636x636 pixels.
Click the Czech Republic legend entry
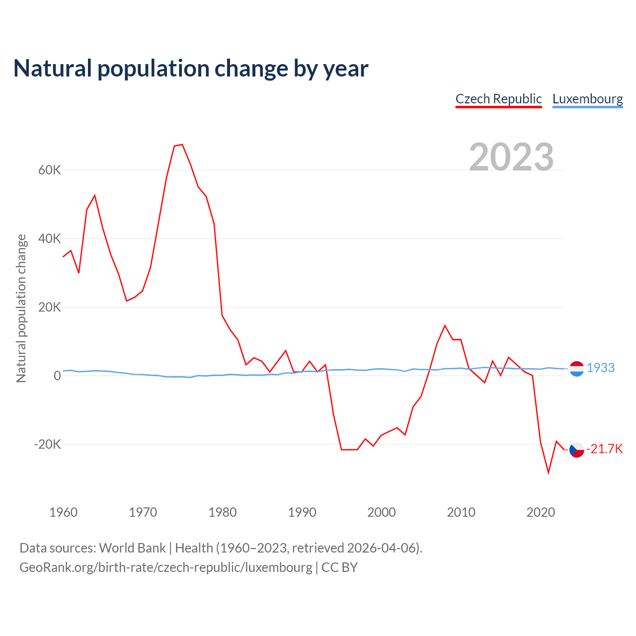(498, 99)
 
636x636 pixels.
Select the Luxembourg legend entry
(587, 99)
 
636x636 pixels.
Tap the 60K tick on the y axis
(49, 170)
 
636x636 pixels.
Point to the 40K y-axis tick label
(49, 239)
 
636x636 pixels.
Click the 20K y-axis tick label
(49, 308)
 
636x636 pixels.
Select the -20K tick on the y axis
(47, 444)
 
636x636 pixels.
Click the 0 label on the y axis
(57, 376)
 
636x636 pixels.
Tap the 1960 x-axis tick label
(64, 512)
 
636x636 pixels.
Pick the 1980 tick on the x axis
(223, 512)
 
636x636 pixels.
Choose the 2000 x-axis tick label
(382, 512)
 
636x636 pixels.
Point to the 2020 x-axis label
(541, 512)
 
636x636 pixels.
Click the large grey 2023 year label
(511, 157)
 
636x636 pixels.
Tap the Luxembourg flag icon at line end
(576, 368)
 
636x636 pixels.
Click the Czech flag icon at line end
(576, 450)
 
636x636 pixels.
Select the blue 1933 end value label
(601, 368)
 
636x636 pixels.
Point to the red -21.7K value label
(604, 449)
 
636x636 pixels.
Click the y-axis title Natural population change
(21, 308)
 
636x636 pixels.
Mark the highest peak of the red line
(182, 145)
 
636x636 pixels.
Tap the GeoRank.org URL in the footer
(166, 567)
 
